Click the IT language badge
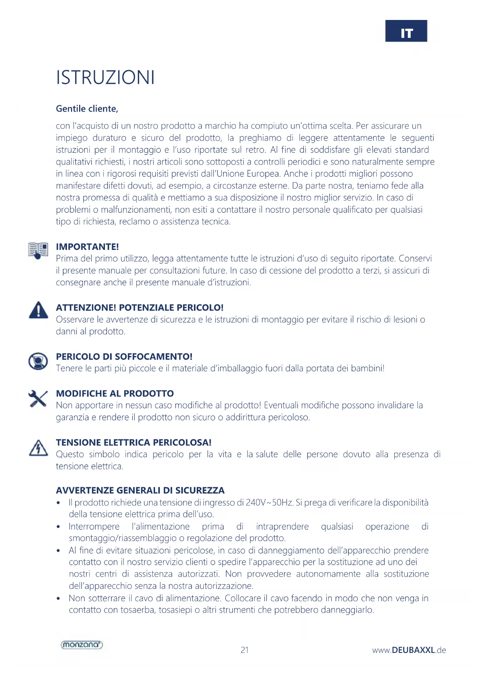click(406, 31)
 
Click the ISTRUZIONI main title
click(105, 77)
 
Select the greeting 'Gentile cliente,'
click(87, 108)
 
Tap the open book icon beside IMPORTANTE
click(38, 250)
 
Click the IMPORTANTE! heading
click(87, 247)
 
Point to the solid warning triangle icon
click(38, 310)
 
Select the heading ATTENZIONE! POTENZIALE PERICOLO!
click(139, 307)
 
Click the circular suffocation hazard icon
click(38, 361)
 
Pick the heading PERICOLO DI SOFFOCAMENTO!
click(124, 356)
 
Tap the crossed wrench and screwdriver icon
click(38, 399)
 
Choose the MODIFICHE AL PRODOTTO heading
click(115, 393)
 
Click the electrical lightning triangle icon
click(38, 448)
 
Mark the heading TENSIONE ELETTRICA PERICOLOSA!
click(134, 442)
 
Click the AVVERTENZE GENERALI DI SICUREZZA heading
click(140, 490)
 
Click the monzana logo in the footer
click(82, 645)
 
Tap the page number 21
click(244, 650)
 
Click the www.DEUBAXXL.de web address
click(409, 650)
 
